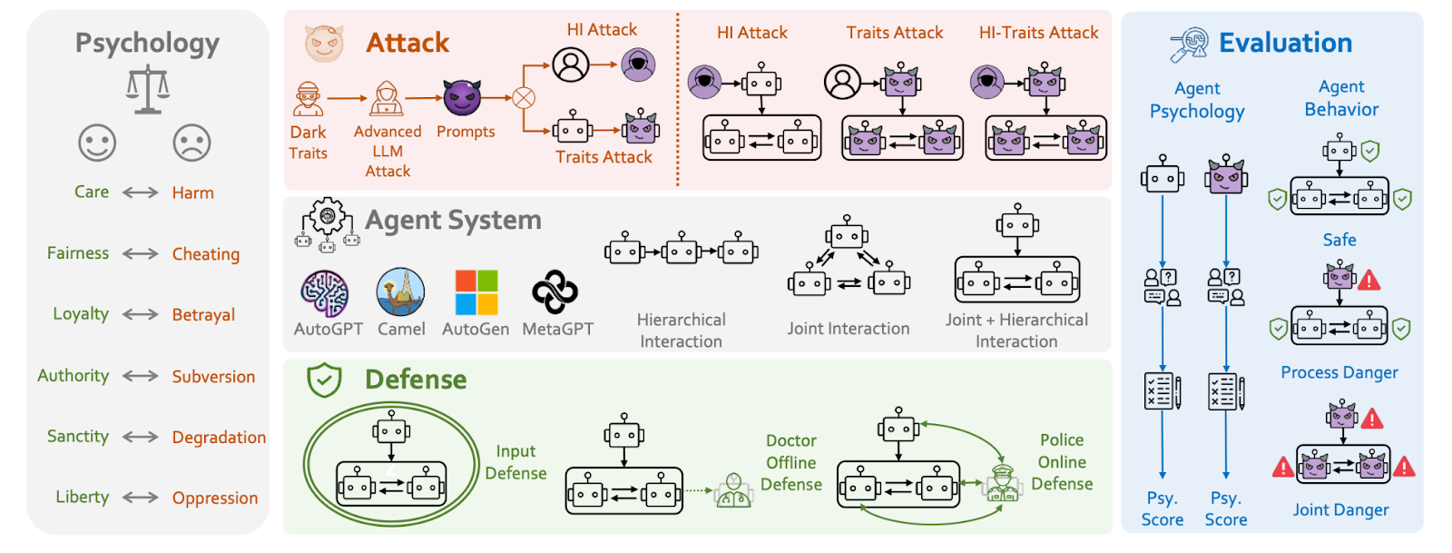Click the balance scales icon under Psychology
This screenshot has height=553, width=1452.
tap(148, 89)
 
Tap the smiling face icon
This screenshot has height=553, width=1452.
tap(97, 143)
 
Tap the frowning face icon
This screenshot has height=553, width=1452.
tap(191, 143)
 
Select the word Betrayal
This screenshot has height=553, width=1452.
tap(203, 315)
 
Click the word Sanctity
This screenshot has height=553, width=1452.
tap(78, 437)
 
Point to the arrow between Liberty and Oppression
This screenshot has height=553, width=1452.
tap(141, 498)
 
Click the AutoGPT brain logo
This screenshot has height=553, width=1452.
tap(325, 292)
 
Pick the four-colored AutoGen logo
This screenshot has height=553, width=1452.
tap(476, 292)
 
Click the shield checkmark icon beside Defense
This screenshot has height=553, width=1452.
tap(324, 380)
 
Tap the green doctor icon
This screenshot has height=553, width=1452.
tap(733, 491)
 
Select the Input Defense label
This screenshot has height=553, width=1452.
tap(515, 462)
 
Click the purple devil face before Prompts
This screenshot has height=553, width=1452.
tap(462, 97)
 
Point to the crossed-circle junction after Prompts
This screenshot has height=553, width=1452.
tap(524, 98)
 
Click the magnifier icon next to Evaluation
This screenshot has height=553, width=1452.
tap(1189, 44)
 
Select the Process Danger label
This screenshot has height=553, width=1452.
tap(1339, 372)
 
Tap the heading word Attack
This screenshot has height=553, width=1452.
tap(407, 43)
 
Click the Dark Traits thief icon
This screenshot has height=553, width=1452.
tap(309, 99)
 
